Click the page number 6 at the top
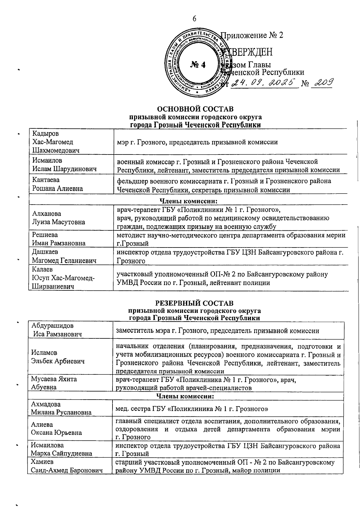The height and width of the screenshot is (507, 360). pyautogui.click(x=194, y=19)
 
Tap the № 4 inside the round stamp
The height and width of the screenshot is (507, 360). pyautogui.click(x=198, y=64)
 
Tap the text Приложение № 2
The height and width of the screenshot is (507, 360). pyautogui.click(x=252, y=35)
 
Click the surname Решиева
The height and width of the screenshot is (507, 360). pyautogui.click(x=45, y=235)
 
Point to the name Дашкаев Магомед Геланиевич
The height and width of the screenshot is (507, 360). pyautogui.click(x=64, y=256)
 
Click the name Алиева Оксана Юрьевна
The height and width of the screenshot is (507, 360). pyautogui.click(x=56, y=428)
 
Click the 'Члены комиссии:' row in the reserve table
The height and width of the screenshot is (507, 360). pyautogui.click(x=185, y=396)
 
